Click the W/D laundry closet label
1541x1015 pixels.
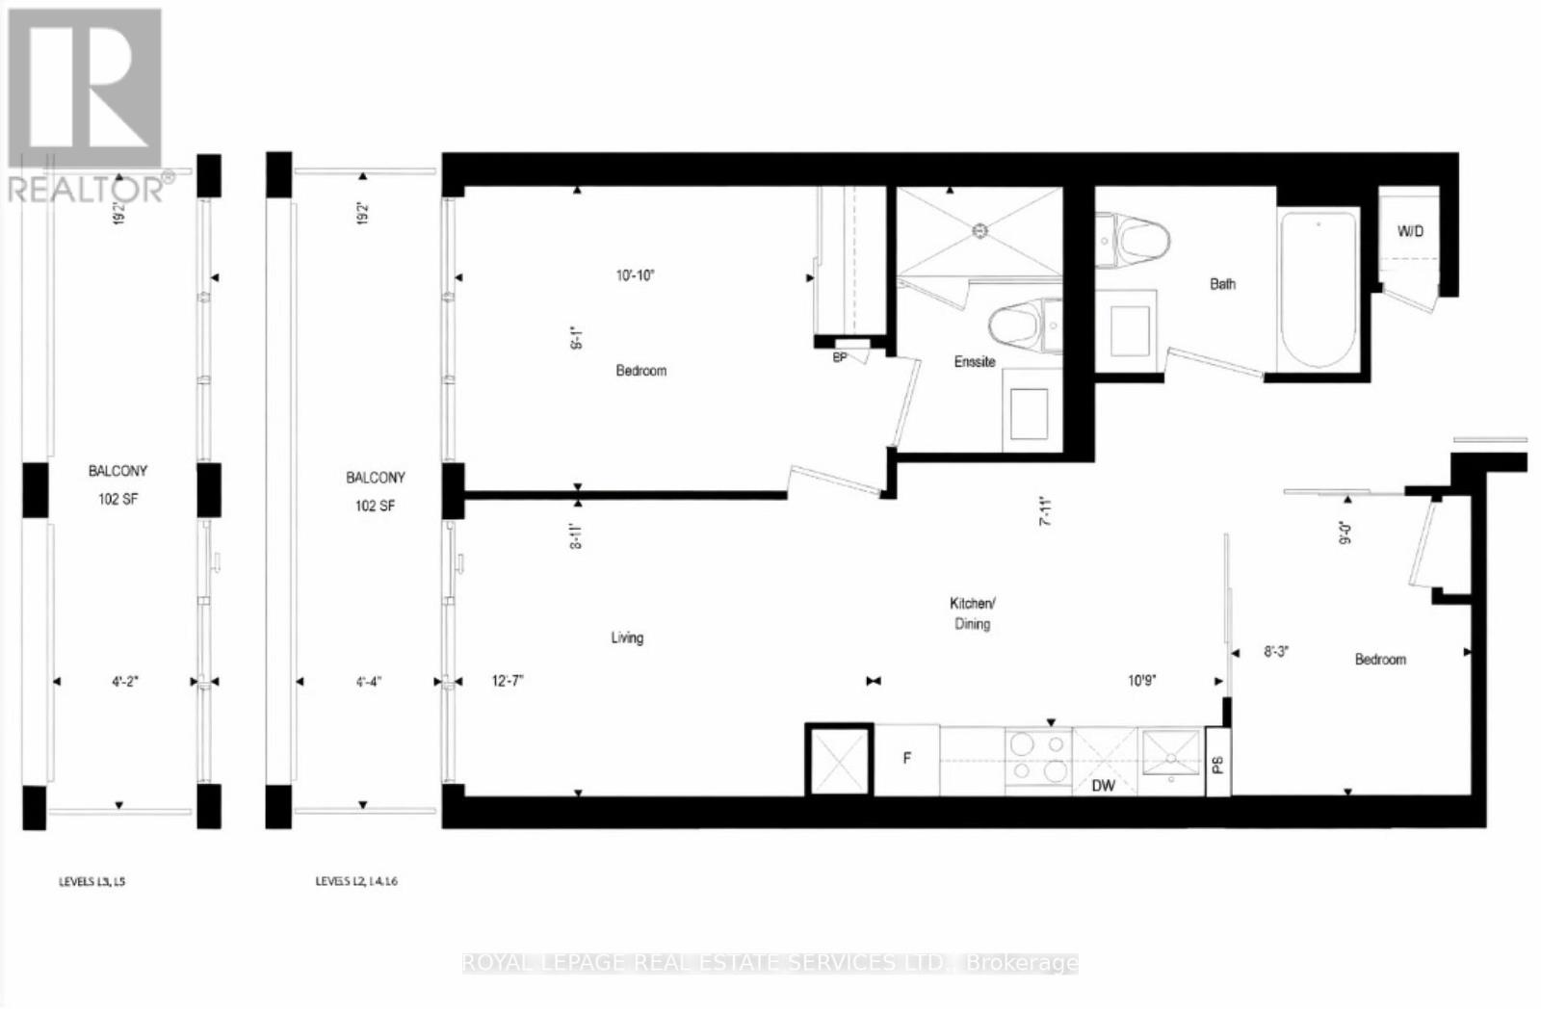(1410, 231)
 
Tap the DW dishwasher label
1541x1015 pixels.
(1104, 786)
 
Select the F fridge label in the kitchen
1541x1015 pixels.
(906, 759)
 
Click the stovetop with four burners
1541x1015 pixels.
(1038, 758)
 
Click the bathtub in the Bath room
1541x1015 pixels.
(1319, 289)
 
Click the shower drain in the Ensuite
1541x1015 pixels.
(979, 231)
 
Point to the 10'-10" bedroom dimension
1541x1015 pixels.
(636, 275)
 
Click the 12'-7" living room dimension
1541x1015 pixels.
(508, 681)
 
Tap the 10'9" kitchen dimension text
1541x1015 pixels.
(1142, 681)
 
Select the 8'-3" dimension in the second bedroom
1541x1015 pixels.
(1276, 652)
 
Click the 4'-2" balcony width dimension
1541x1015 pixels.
(124, 681)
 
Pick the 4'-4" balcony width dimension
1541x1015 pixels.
(369, 681)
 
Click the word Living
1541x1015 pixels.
(627, 638)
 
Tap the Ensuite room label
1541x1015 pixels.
(975, 361)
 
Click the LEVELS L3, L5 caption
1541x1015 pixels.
(92, 881)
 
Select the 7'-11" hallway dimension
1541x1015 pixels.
(1047, 510)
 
